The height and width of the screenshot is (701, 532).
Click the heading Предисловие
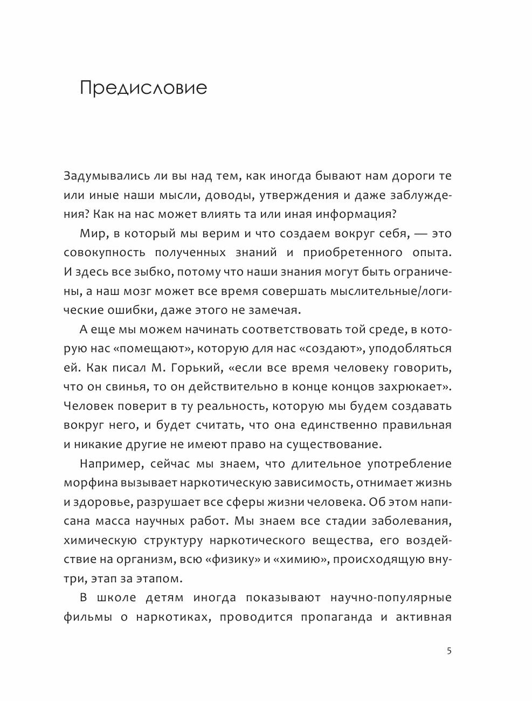[143, 87]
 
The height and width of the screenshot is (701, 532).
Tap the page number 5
[449, 650]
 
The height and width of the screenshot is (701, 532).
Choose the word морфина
[89, 483]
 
